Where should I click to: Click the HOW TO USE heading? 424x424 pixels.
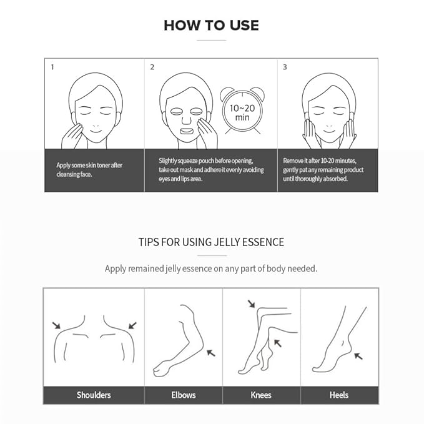(211, 26)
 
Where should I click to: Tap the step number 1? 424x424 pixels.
(52, 67)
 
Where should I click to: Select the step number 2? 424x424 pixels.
(152, 67)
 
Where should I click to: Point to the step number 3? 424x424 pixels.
(285, 67)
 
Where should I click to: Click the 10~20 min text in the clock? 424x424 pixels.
(242, 112)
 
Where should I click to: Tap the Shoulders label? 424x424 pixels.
(94, 395)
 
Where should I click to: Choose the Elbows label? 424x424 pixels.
(184, 395)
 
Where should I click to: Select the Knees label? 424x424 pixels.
(261, 395)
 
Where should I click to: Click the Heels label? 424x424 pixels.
(339, 395)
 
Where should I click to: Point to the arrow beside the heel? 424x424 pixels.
(358, 356)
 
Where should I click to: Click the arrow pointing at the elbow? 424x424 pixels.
(211, 353)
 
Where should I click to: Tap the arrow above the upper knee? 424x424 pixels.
(252, 303)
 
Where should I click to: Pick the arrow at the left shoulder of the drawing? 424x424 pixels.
(56, 325)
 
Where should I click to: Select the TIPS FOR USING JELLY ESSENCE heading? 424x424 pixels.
(211, 242)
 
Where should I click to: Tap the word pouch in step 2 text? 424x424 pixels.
(206, 161)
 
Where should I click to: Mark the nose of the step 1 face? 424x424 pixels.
(96, 124)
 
